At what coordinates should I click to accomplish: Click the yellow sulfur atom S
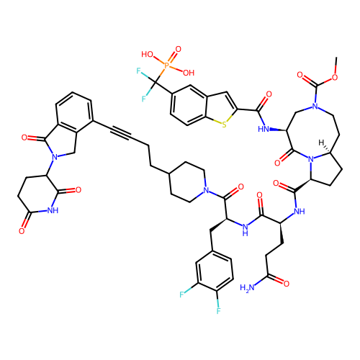pyautogui.click(x=224, y=125)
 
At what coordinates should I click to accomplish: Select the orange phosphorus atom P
pyautogui.click(x=167, y=65)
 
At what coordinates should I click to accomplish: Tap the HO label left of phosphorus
pyautogui.click(x=147, y=54)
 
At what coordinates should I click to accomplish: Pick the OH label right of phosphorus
pyautogui.click(x=189, y=73)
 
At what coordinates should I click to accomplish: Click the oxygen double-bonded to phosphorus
pyautogui.click(x=178, y=49)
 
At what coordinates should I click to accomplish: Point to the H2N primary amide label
pyautogui.click(x=247, y=287)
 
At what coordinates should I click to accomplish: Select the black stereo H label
pyautogui.click(x=321, y=143)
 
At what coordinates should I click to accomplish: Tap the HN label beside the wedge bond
pyautogui.click(x=264, y=129)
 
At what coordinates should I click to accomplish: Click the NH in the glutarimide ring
pyautogui.click(x=53, y=210)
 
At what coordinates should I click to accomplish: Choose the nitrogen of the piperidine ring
pyautogui.click(x=206, y=190)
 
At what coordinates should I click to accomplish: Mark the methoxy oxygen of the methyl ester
pyautogui.click(x=335, y=77)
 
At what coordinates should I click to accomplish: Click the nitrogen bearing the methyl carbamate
pyautogui.click(x=315, y=107)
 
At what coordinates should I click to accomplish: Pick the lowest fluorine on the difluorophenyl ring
pyautogui.click(x=218, y=311)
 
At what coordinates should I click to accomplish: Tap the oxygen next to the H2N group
pyautogui.click(x=287, y=284)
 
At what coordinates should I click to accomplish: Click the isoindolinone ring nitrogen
pyautogui.click(x=55, y=157)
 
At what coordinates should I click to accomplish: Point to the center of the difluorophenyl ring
pyautogui.click(x=215, y=271)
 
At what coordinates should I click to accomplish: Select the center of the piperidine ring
pyautogui.click(x=187, y=182)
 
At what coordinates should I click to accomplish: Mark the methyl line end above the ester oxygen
pyautogui.click(x=336, y=58)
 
